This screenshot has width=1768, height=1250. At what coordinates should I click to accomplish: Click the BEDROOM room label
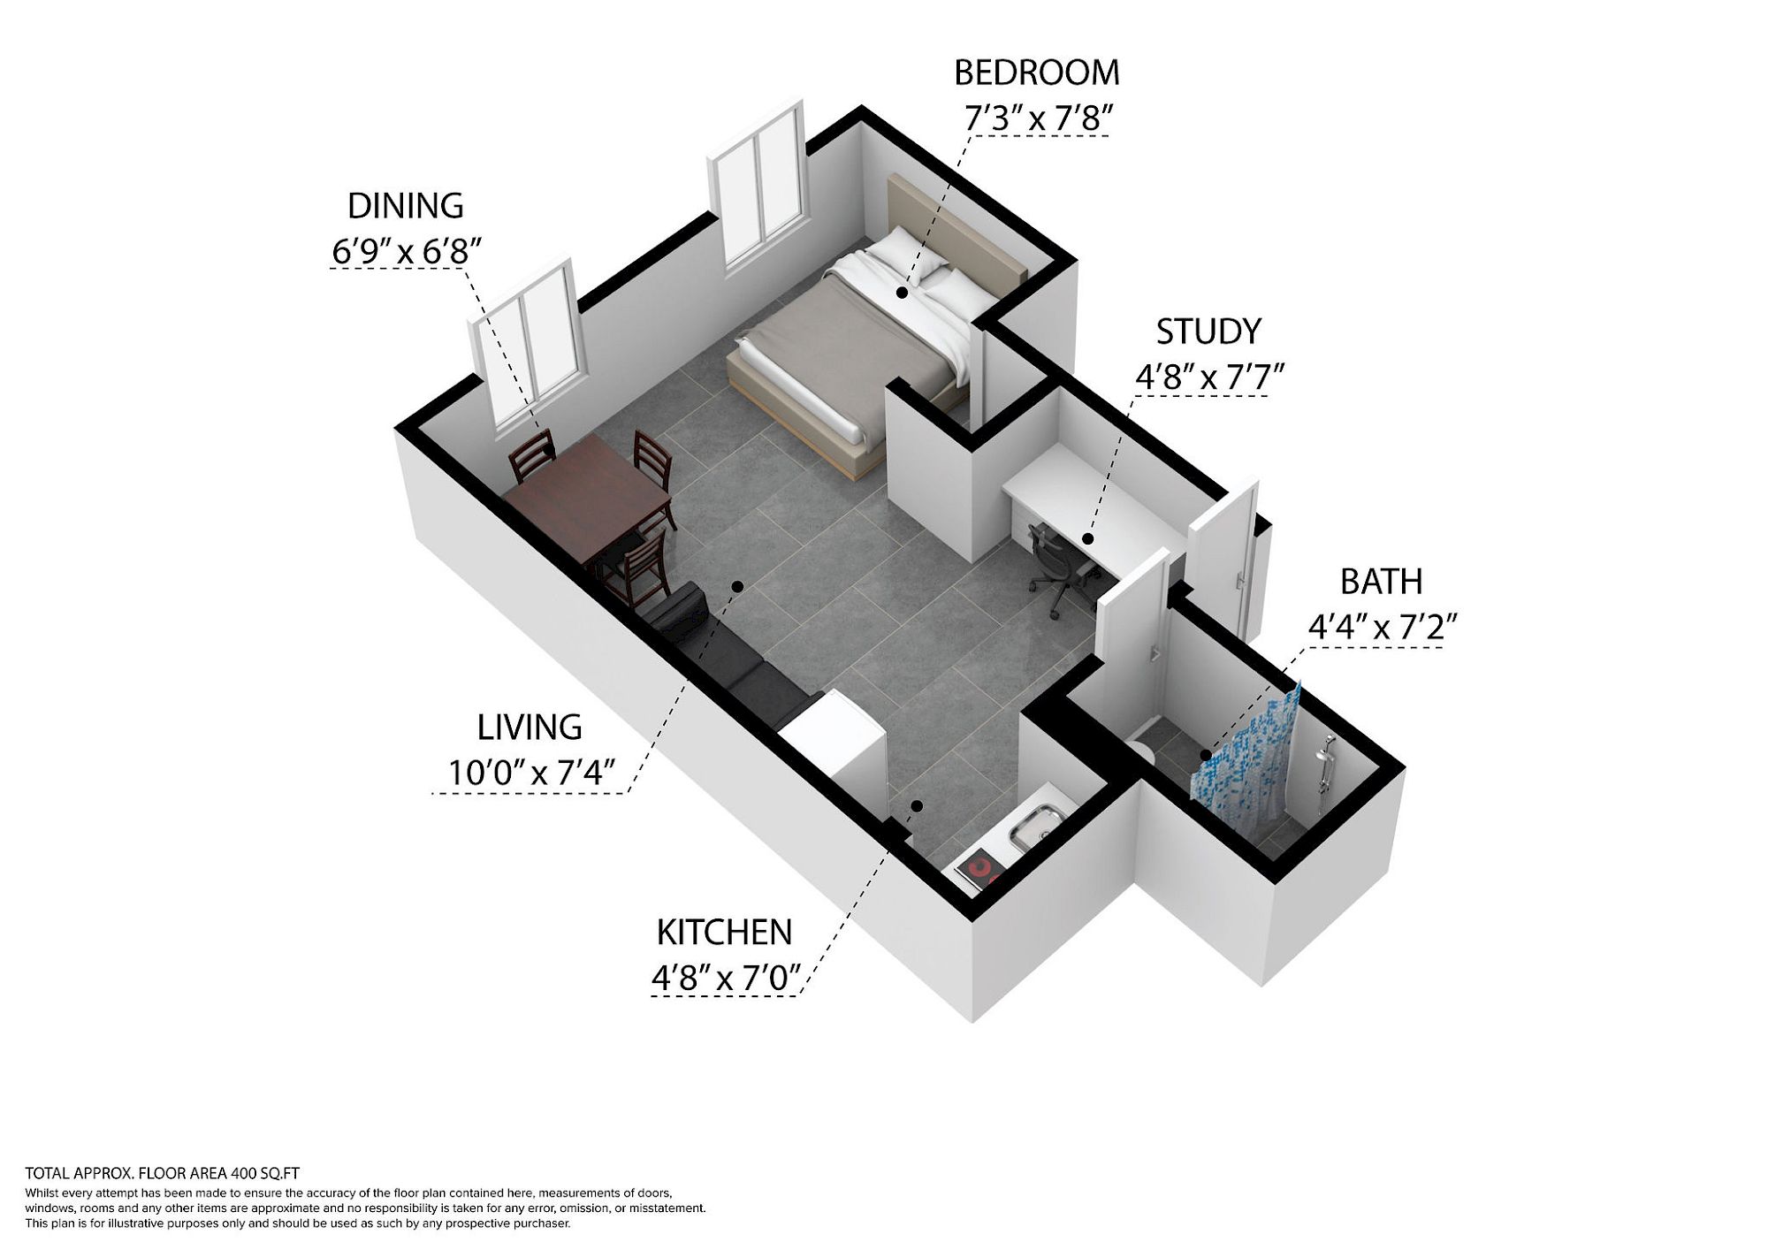[x=1036, y=72]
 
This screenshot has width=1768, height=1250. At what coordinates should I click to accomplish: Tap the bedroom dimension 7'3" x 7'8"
[x=1035, y=118]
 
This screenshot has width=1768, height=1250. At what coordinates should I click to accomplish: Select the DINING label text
[x=406, y=206]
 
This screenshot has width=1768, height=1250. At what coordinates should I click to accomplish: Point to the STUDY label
[x=1208, y=332]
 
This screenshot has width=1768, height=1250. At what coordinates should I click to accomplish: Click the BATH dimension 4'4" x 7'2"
[x=1382, y=628]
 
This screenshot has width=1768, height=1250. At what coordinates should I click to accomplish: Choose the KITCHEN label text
[x=724, y=933]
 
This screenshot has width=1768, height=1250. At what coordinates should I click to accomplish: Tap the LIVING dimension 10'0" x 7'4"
[x=530, y=773]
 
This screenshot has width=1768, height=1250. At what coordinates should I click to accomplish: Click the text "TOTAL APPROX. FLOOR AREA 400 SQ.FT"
[x=163, y=1174]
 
